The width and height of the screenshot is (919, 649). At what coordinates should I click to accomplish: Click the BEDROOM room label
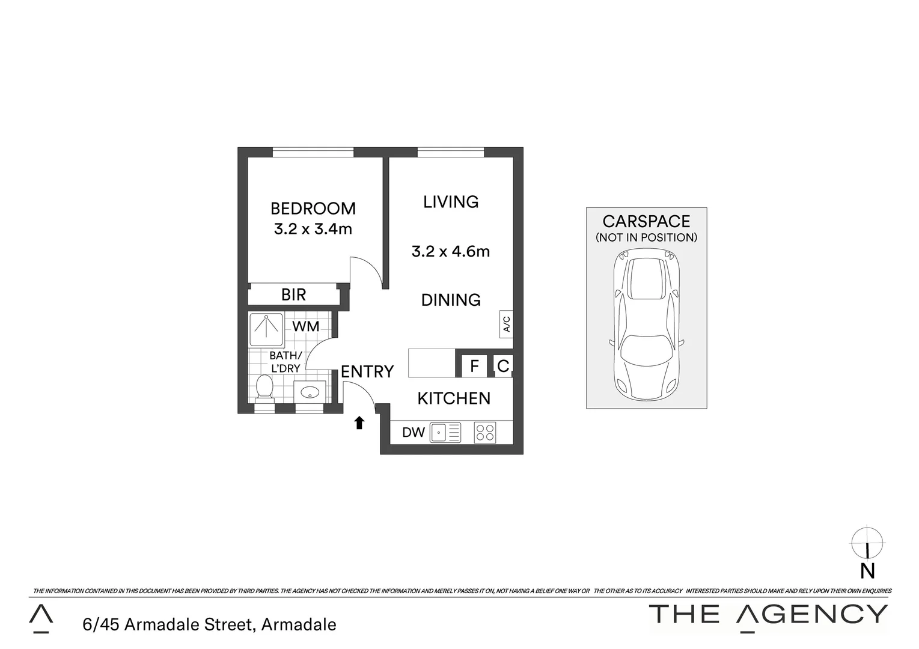[313, 209]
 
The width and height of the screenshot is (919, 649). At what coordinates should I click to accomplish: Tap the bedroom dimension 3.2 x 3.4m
[313, 229]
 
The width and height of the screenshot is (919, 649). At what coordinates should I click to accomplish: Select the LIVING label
[451, 202]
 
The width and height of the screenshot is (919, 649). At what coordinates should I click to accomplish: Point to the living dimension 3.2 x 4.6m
[451, 251]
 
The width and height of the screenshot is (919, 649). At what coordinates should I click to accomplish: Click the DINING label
[451, 300]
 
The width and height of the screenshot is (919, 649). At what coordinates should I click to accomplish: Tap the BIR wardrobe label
[293, 294]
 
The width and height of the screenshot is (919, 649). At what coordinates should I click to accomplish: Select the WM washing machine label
[305, 327]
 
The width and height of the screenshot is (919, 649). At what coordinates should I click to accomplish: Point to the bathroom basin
[310, 392]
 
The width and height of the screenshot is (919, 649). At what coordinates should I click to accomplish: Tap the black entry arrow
[359, 423]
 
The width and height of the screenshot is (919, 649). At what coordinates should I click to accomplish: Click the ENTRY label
[367, 372]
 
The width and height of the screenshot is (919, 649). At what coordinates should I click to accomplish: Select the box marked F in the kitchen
[474, 365]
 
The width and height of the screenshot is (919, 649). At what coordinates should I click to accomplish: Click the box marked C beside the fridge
[503, 365]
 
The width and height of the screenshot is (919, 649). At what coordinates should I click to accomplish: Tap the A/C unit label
[506, 324]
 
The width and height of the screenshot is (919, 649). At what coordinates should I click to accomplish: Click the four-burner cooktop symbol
[485, 433]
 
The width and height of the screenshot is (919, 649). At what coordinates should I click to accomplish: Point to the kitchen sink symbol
[445, 433]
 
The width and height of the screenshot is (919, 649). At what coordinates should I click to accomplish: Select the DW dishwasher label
[413, 432]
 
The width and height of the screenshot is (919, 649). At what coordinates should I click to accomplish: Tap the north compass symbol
[867, 543]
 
